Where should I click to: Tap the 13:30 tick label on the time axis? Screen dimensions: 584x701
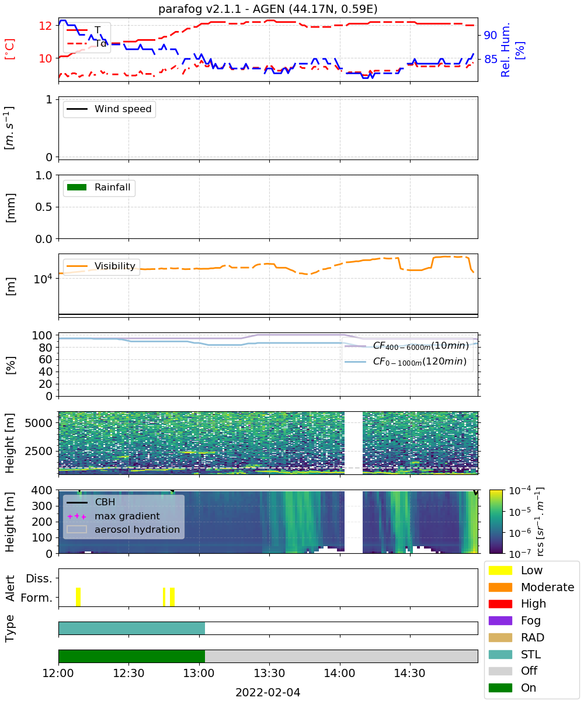tap(269, 673)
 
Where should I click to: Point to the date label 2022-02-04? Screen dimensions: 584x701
tap(268, 692)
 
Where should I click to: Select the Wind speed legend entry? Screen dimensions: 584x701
tap(109, 109)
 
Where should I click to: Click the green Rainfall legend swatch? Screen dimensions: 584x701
tap(77, 188)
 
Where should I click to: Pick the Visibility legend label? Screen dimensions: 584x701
tap(115, 266)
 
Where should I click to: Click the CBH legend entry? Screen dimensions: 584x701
tap(91, 502)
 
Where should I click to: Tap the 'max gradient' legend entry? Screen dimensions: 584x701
tap(113, 516)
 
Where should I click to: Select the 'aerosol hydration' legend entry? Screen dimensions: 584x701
tap(123, 529)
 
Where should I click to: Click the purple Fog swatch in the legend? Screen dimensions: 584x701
tap(500, 620)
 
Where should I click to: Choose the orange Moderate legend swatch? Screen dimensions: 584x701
tap(500, 587)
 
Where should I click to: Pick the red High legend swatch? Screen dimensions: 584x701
tap(500, 604)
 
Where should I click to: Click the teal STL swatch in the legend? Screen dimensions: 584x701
tap(500, 654)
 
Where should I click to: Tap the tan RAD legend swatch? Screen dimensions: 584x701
tap(500, 637)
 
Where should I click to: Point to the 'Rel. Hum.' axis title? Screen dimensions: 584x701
tap(505, 50)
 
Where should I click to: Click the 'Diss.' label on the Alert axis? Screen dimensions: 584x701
tap(39, 578)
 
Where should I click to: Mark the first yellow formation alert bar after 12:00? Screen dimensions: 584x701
tap(78, 597)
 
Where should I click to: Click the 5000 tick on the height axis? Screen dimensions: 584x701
tap(39, 423)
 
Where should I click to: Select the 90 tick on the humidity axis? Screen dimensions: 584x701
tap(491, 35)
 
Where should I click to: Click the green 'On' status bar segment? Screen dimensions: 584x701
tap(131, 657)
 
